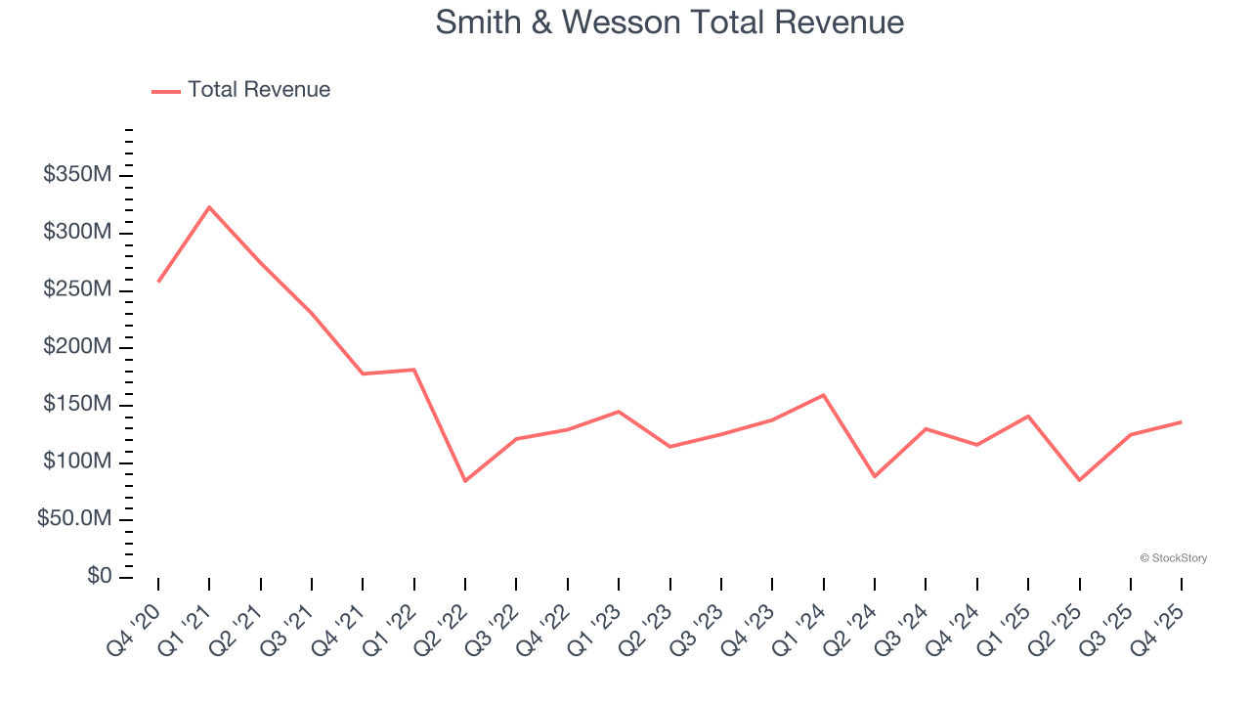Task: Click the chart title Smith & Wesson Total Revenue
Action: pyautogui.click(x=669, y=22)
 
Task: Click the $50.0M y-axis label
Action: pyautogui.click(x=75, y=519)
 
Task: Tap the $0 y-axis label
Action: pyautogui.click(x=99, y=577)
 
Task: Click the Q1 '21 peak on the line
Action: pyautogui.click(x=209, y=207)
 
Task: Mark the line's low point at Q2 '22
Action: pyautogui.click(x=465, y=481)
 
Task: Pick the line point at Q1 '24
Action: pyautogui.click(x=823, y=395)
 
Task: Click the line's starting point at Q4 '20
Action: pyautogui.click(x=158, y=282)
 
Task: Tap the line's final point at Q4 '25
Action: pyautogui.click(x=1181, y=422)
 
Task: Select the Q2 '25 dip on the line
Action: pyautogui.click(x=1079, y=480)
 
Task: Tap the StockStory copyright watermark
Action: pyautogui.click(x=1173, y=558)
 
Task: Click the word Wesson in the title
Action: pyautogui.click(x=625, y=22)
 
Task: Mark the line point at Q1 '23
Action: pyautogui.click(x=619, y=412)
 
